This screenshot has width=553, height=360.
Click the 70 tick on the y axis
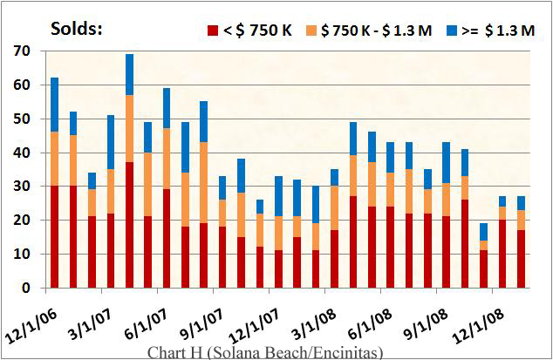tap(20, 51)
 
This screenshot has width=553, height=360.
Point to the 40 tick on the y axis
tap(20, 153)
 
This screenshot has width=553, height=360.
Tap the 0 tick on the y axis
tap(24, 288)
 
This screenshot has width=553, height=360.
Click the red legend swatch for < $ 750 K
tap(212, 30)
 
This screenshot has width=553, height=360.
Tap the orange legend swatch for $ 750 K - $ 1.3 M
tap(311, 30)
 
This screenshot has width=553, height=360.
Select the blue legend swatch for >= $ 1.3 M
tap(451, 30)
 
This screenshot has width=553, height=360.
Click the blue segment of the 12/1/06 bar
tap(54, 105)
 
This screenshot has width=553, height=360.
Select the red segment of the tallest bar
tap(129, 225)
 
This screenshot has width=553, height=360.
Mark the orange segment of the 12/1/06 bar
tap(54, 160)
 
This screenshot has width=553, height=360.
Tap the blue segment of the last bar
tap(522, 203)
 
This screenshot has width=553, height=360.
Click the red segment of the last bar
tap(522, 259)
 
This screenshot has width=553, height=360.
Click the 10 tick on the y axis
tap(20, 254)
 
